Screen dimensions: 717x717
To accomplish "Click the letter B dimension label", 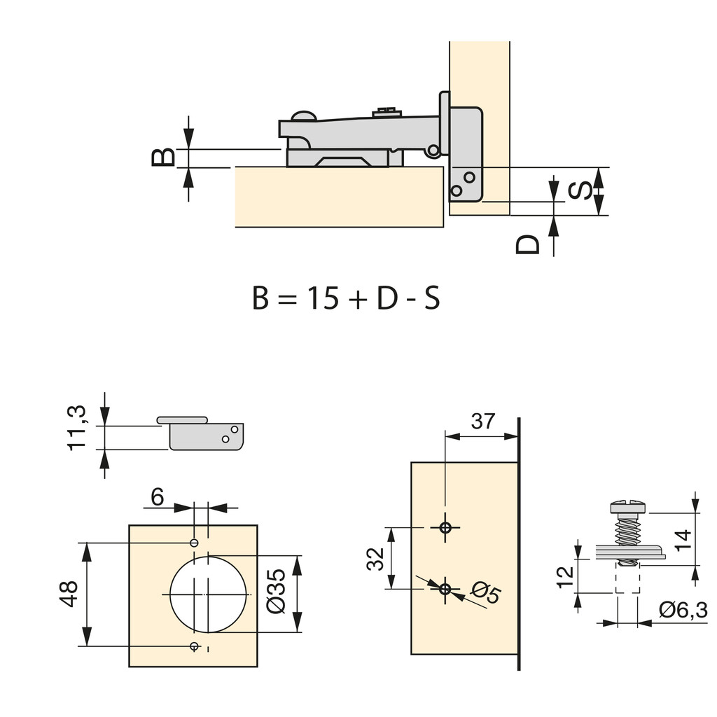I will [x=163, y=156].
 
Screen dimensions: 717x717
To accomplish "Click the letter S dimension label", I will [x=580, y=190].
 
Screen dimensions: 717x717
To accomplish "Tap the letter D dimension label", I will [x=529, y=244].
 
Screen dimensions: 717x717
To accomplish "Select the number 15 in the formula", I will [x=320, y=299].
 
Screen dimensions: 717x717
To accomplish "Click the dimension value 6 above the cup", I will [x=157, y=497].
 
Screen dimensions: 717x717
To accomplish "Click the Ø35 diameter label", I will [x=276, y=592].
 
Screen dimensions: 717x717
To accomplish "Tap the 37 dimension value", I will [x=482, y=422].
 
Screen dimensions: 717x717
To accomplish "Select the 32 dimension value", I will [x=376, y=558].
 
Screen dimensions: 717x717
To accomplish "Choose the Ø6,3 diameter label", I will [x=683, y=611].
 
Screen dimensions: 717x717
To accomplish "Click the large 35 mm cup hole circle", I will [x=209, y=594].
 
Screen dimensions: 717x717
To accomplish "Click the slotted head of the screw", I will [x=628, y=506].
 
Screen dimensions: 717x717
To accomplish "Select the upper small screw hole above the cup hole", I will [x=195, y=543].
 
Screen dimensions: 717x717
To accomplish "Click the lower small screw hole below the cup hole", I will [x=195, y=646].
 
